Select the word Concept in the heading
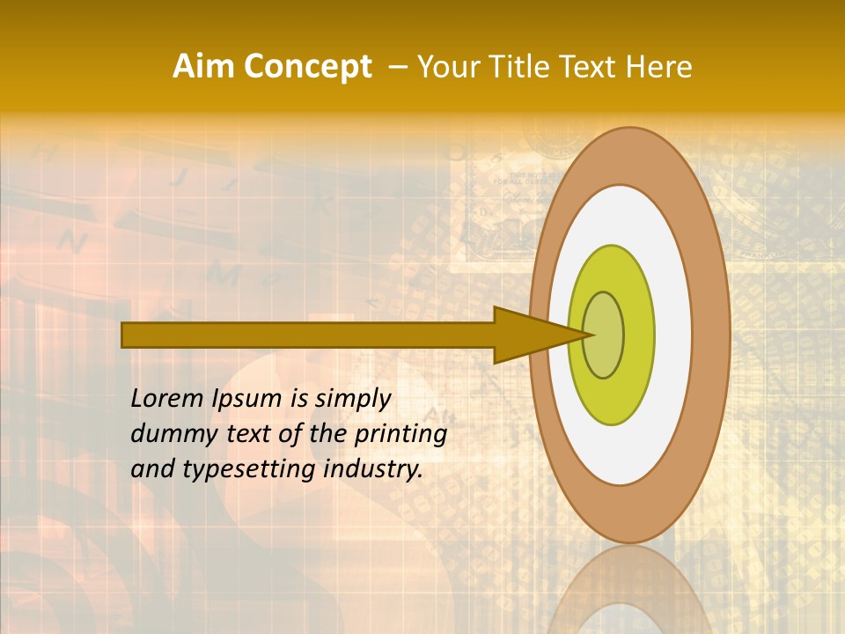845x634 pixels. (307, 67)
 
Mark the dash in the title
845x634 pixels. (397, 67)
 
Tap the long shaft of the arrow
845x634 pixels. (308, 335)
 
